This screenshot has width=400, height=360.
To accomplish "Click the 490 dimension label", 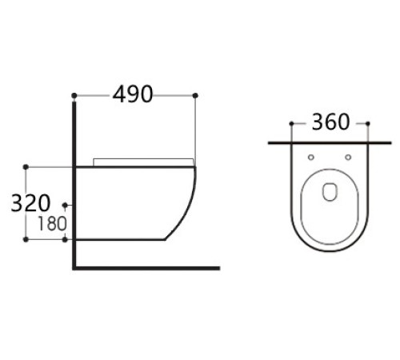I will tap(133, 94).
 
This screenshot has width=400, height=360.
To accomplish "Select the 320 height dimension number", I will tap(30, 203).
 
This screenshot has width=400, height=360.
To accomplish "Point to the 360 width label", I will tap(330, 122).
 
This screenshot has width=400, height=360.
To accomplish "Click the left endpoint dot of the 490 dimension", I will tap(74, 96).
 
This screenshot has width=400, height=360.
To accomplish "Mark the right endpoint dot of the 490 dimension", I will tap(195, 96).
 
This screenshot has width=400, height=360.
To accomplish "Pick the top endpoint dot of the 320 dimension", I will tap(26, 166).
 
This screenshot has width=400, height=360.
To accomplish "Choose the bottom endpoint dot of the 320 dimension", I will tap(26, 239).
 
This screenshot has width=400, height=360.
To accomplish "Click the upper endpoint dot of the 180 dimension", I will tap(66, 205).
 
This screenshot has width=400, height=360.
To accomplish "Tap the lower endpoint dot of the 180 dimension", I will tap(66, 239).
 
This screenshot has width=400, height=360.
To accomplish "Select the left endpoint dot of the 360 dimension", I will tap(290, 124).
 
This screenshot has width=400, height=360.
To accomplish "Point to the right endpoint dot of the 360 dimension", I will tap(368, 124).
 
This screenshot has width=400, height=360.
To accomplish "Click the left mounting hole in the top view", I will tap(310, 156).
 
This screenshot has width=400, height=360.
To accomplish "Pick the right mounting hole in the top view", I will tap(348, 156).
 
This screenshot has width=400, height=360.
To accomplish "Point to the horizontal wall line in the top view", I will tap(330, 143).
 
